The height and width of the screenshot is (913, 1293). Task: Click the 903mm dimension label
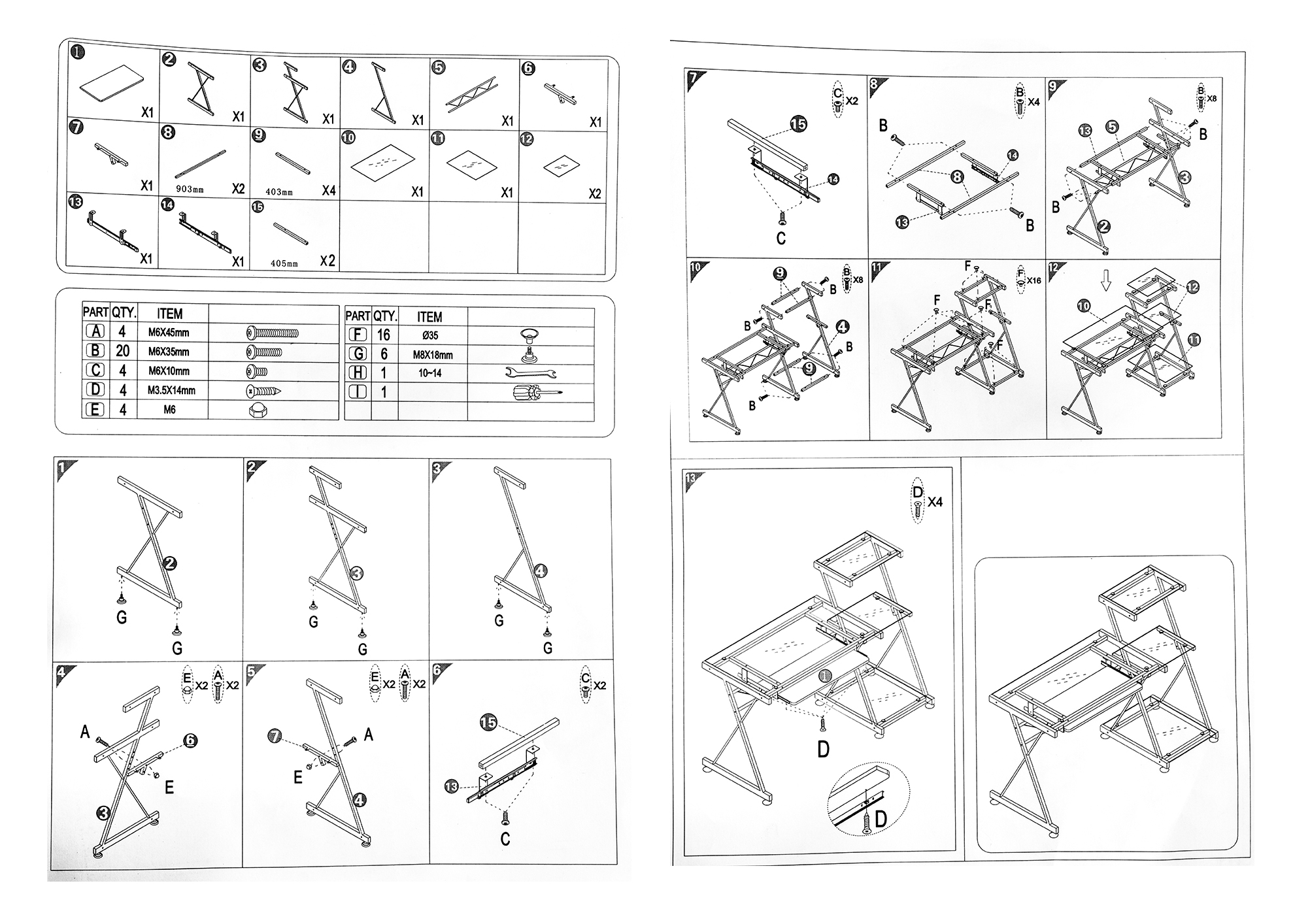[190, 189]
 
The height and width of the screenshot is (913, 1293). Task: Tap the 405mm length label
[284, 263]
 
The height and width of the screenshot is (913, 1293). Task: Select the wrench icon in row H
[530, 373]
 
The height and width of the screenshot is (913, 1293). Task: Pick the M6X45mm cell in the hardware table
[169, 332]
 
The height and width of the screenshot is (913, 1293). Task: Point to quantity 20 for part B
[122, 351]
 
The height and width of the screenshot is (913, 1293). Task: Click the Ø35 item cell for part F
[430, 335]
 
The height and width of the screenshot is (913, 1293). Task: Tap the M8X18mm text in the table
[432, 355]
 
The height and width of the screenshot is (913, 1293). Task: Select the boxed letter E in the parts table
[95, 410]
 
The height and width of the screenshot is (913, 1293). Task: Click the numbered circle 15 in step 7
[798, 124]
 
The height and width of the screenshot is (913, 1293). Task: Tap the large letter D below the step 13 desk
[823, 749]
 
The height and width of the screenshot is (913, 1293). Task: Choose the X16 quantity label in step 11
[1033, 280]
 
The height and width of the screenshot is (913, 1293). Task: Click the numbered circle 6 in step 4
[190, 740]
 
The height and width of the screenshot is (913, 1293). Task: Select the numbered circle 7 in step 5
[275, 737]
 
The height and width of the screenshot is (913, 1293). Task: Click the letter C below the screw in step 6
[505, 838]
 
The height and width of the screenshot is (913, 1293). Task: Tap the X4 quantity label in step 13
[935, 502]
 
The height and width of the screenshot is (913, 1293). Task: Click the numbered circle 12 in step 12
[1192, 287]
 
